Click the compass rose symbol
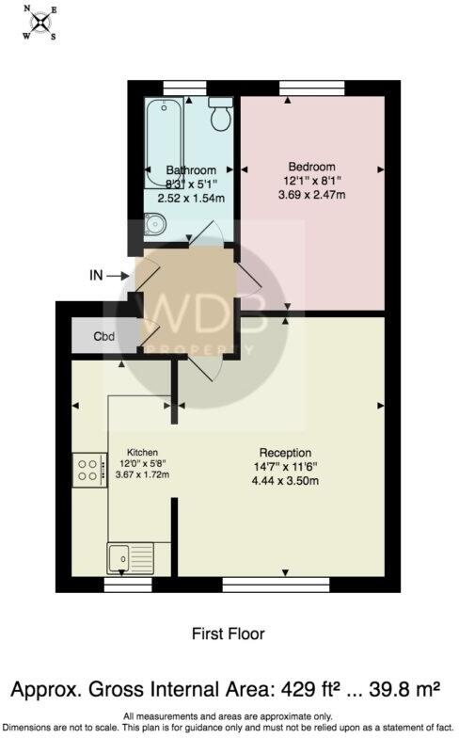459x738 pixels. tap(41, 24)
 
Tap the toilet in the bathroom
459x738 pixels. tap(220, 115)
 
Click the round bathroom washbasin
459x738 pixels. tap(155, 224)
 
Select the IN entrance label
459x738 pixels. tap(96, 276)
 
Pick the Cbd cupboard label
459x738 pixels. tap(103, 336)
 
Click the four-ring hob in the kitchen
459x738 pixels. tap(87, 469)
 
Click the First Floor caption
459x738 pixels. tap(229, 634)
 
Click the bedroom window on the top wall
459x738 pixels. tap(311, 88)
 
